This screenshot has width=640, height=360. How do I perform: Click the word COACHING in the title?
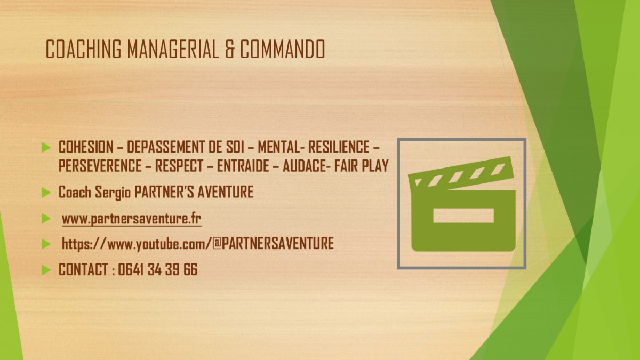coord(83,49)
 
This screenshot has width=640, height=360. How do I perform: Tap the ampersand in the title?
coord(229,49)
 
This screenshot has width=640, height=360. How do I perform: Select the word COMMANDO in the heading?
coord(282,49)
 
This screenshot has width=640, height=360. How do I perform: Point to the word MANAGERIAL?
coord(173,49)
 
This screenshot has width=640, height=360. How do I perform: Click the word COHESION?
coord(86,147)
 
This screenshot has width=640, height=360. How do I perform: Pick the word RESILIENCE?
coord(339,147)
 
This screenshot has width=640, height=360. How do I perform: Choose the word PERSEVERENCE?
coord(100,166)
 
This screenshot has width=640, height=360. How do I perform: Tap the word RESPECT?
coord(179,166)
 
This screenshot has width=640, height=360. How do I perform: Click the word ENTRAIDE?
coord(243,166)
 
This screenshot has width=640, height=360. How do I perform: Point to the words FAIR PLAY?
coord(362,166)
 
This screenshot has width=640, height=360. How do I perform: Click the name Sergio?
coord(113,193)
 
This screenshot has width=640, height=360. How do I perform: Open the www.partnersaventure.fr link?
coord(131,219)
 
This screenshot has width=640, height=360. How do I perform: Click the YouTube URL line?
coord(198,244)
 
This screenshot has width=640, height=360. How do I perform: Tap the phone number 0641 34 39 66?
coord(158,269)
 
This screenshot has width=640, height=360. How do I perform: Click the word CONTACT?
coord(83,269)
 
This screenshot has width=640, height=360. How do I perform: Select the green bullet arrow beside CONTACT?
coord(46,270)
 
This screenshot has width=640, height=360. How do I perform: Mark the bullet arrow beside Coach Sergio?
coord(46,193)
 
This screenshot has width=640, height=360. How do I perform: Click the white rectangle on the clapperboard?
coord(463,215)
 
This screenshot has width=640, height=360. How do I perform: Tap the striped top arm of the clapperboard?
coord(461,173)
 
